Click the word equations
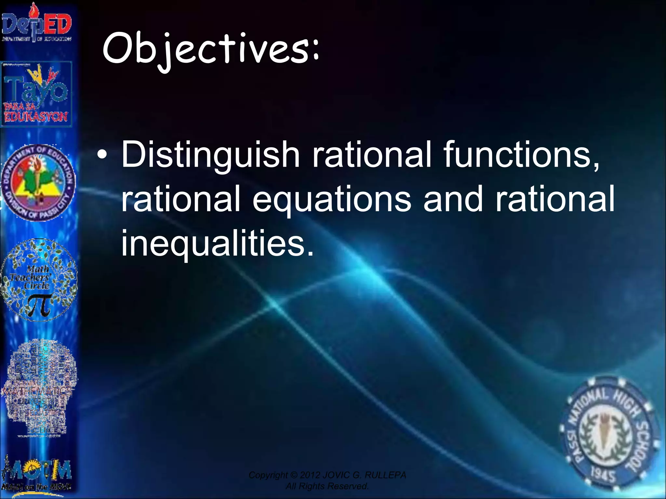[331, 199]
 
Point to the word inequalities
[217, 243]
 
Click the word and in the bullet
[453, 199]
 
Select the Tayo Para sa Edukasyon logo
[36, 95]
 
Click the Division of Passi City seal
[38, 183]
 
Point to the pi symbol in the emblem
[40, 305]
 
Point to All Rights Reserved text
[327, 486]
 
